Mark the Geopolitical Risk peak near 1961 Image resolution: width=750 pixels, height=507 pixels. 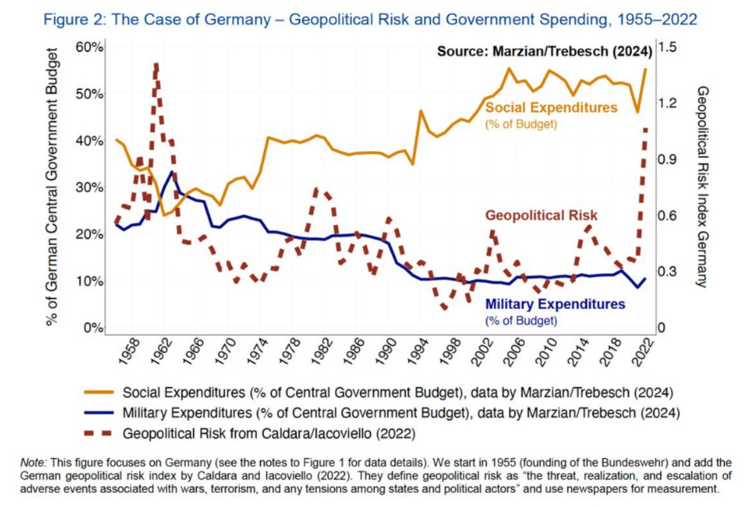156,65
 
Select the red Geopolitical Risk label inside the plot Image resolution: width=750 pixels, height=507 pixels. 541,215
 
